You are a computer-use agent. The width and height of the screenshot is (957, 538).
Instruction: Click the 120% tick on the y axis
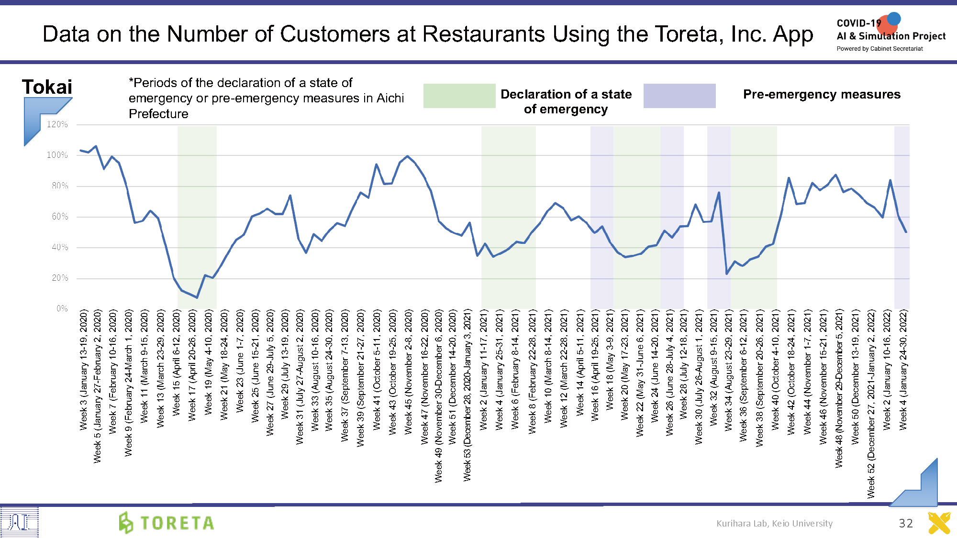[57, 124]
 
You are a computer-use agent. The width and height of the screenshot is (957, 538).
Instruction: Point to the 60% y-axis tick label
[60, 217]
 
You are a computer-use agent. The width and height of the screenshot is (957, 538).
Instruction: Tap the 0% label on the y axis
[62, 308]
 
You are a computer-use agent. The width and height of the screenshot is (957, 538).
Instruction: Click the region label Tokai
[47, 87]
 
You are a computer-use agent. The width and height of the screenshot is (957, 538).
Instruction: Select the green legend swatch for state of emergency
[459, 96]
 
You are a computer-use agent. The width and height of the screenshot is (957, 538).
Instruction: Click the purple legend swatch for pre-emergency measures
[679, 96]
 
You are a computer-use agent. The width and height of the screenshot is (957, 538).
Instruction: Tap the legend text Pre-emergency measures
[822, 94]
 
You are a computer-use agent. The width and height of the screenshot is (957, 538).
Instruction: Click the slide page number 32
[905, 523]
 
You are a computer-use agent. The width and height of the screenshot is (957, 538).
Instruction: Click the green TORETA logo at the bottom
[167, 523]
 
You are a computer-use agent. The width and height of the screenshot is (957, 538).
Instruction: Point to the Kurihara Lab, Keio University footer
[774, 523]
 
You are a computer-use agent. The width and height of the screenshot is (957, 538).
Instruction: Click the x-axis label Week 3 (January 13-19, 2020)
[84, 369]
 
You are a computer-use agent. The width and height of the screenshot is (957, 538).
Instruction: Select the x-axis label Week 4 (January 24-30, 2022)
[903, 369]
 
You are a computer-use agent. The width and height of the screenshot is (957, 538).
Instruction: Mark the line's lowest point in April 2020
[197, 297]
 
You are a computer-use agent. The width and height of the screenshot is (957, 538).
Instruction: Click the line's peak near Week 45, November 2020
[407, 156]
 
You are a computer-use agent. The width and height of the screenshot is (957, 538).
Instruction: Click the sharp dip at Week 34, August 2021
[727, 274]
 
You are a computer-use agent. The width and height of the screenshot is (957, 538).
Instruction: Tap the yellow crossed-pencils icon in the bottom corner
[939, 523]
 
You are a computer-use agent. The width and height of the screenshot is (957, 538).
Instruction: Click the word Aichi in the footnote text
[390, 98]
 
